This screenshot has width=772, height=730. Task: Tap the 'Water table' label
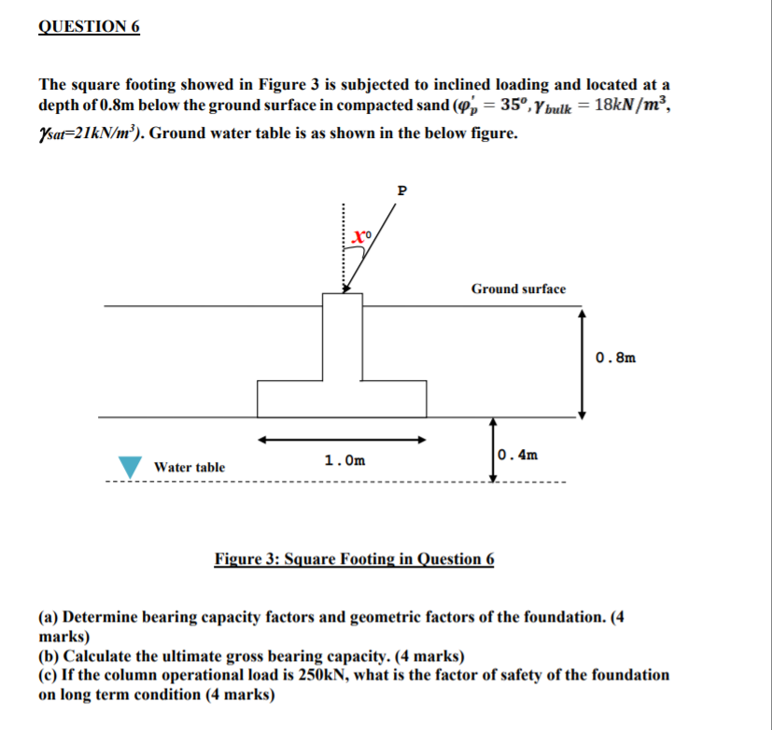[x=189, y=467]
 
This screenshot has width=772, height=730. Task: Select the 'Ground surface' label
[x=518, y=289]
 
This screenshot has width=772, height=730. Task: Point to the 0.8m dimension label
[x=615, y=357]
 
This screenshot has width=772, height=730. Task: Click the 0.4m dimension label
[x=519, y=456]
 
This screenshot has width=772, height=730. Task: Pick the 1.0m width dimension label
[x=344, y=460]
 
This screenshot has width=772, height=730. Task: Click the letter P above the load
[x=402, y=190]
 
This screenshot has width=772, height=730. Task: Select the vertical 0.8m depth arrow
[x=583, y=364]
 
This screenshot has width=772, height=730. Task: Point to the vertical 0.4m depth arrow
[x=492, y=449]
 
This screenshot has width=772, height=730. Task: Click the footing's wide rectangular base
[x=342, y=399]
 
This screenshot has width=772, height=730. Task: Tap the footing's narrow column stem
[x=342, y=336]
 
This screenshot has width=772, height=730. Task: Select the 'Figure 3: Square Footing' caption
[x=355, y=559]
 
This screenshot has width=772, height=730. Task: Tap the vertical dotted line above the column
[x=343, y=247]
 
